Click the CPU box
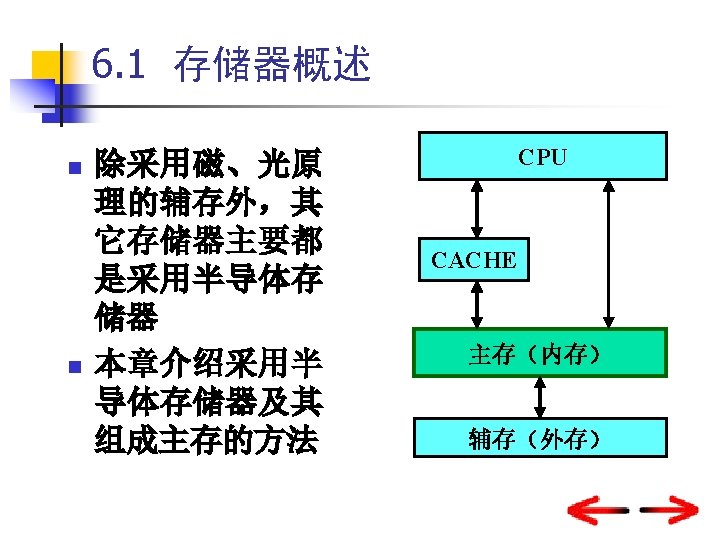click(542, 156)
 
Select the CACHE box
click(474, 261)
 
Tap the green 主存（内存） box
click(542, 353)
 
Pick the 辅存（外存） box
click(542, 438)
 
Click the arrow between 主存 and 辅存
click(542, 397)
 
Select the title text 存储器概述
click(272, 66)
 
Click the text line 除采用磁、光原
click(207, 163)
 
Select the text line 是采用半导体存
click(207, 281)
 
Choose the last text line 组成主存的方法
click(207, 440)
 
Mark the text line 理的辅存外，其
click(207, 203)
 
